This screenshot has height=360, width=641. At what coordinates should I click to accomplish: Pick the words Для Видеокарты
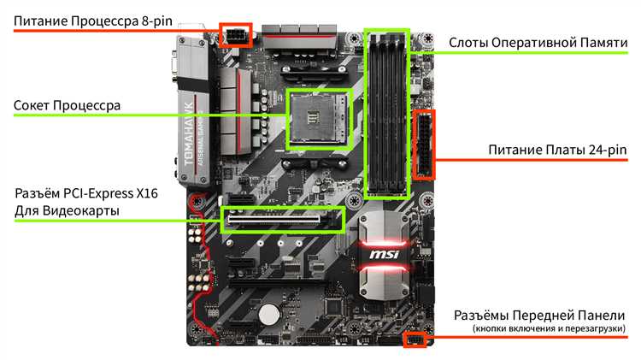67,210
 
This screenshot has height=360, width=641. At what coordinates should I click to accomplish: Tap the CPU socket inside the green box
316,117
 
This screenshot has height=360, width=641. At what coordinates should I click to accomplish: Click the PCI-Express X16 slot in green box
282,220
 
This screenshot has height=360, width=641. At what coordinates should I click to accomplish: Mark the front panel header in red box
414,340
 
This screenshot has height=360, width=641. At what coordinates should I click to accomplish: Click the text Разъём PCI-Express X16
85,193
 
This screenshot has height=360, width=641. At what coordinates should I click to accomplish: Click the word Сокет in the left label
32,107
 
